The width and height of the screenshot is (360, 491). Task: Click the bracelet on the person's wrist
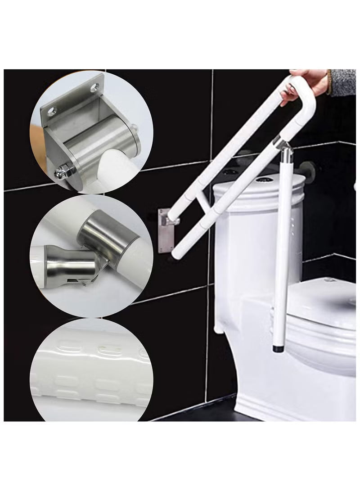(x=329, y=82)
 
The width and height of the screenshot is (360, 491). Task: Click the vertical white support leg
(x=281, y=248)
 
